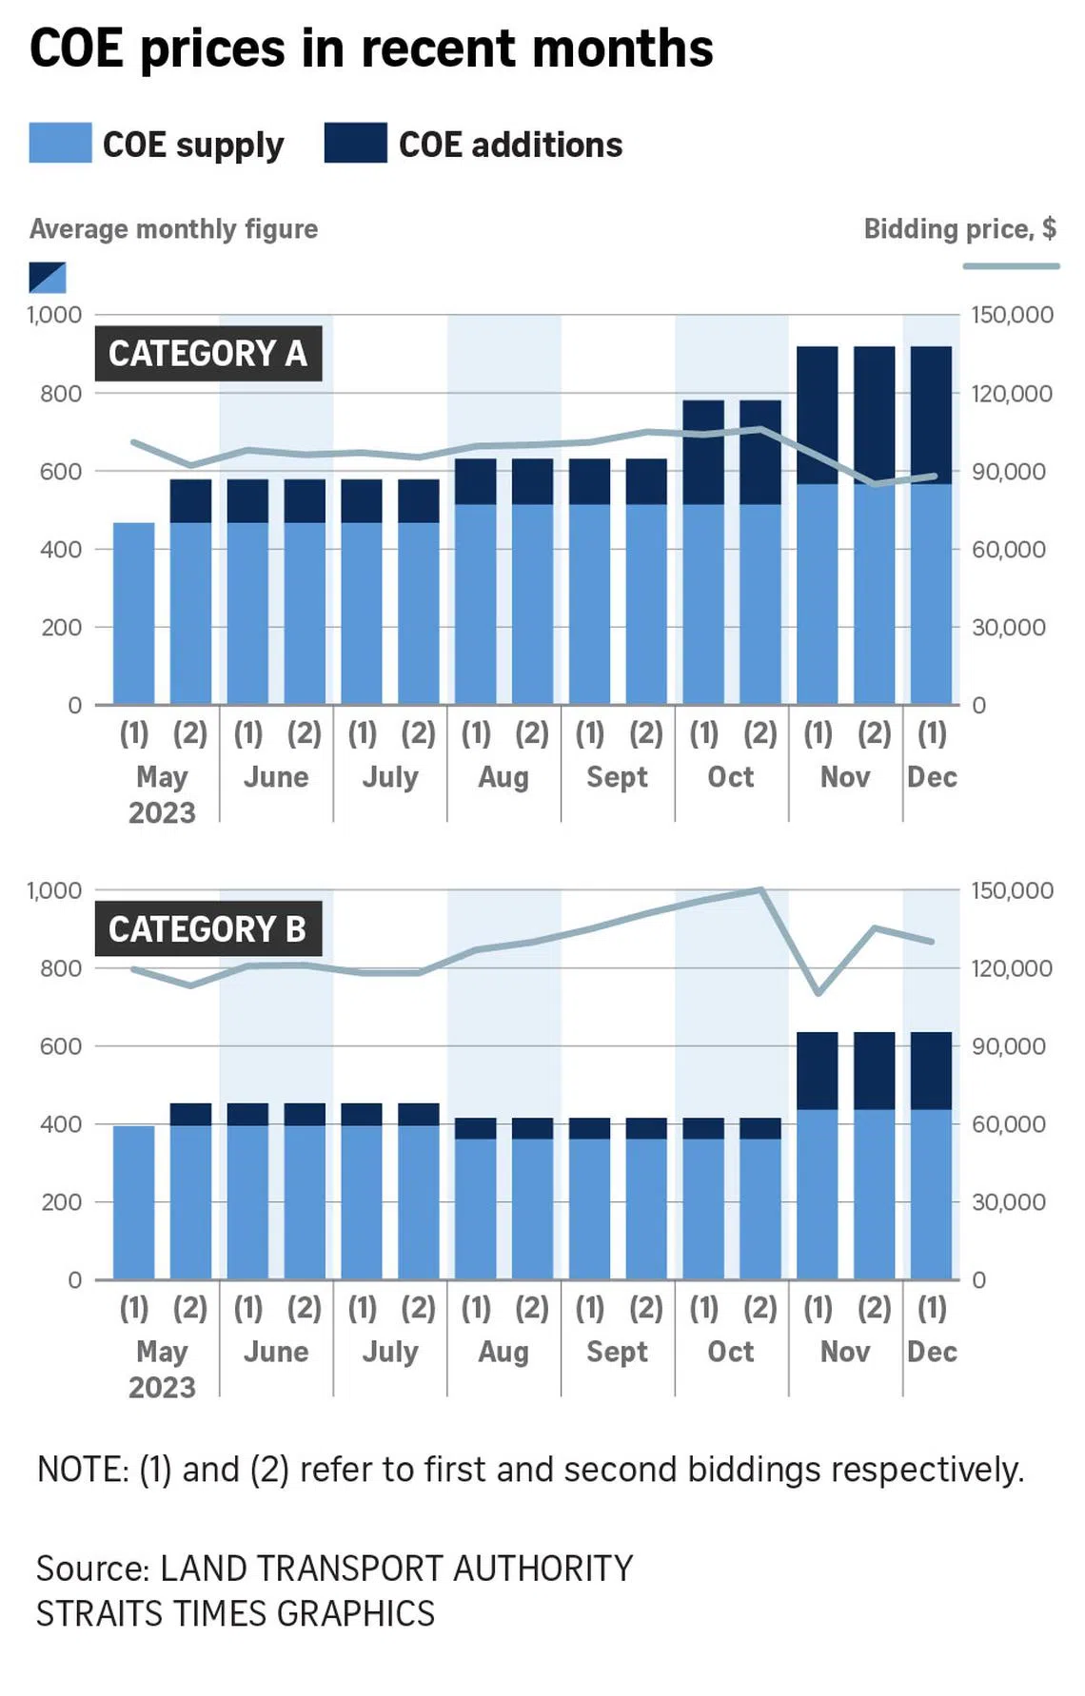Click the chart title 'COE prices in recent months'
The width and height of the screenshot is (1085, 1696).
371,49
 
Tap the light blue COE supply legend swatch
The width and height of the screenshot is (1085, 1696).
60,143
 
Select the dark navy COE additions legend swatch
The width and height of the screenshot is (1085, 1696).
355,143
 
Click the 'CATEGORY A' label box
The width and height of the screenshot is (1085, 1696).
207,354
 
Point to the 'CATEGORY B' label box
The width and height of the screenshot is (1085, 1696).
207,929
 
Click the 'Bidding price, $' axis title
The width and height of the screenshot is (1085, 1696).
959,229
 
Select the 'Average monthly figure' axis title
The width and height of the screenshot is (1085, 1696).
173,229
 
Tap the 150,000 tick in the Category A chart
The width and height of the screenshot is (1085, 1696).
1012,315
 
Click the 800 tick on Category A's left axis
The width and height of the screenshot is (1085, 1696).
60,393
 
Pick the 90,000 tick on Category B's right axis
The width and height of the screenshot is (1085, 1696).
1012,1046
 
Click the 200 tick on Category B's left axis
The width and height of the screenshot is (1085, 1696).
60,1202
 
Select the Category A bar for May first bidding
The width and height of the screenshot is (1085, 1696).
133,614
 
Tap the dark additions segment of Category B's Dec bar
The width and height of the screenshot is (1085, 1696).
931,1070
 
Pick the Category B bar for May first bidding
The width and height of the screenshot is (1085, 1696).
133,1202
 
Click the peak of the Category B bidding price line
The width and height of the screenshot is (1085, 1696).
760,890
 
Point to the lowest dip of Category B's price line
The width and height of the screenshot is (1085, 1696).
819,993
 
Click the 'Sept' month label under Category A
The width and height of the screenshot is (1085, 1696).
617,777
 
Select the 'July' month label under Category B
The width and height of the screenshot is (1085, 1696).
390,1352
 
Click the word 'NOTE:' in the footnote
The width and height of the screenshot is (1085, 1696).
83,1470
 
